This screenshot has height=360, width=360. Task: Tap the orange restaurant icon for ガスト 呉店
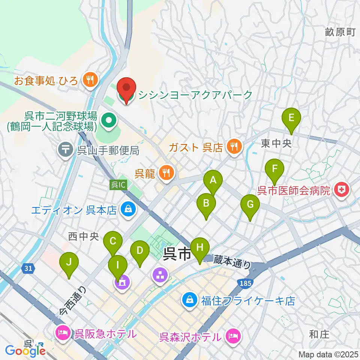[x=235, y=146]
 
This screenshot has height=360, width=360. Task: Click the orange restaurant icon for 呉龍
[x=166, y=172]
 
